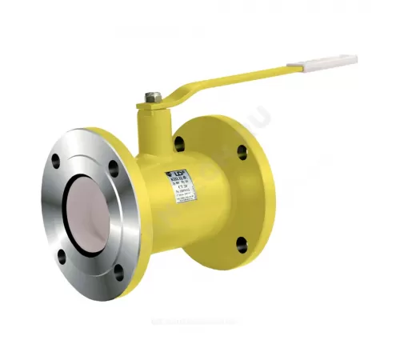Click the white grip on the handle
330,62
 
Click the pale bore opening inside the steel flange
86,216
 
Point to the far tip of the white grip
355,58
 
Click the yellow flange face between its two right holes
250,196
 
